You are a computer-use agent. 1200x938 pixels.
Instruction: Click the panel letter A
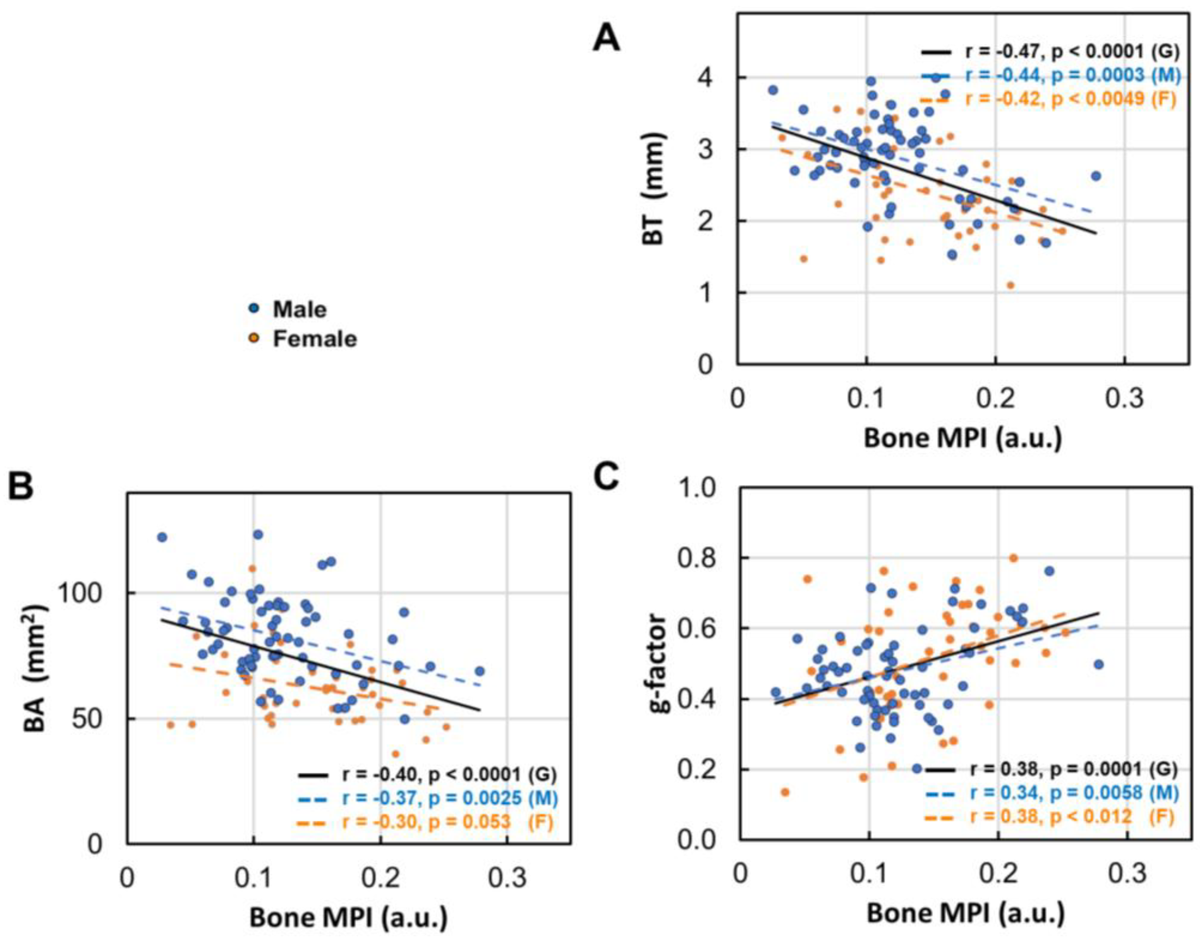606,40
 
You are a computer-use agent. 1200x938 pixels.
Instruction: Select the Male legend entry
300,310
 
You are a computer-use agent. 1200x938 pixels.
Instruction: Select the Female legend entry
314,339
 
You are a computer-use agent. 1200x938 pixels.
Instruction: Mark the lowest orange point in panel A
1010,285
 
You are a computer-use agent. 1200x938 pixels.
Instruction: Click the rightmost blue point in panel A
1095,176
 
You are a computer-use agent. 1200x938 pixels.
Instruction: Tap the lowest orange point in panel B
395,754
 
